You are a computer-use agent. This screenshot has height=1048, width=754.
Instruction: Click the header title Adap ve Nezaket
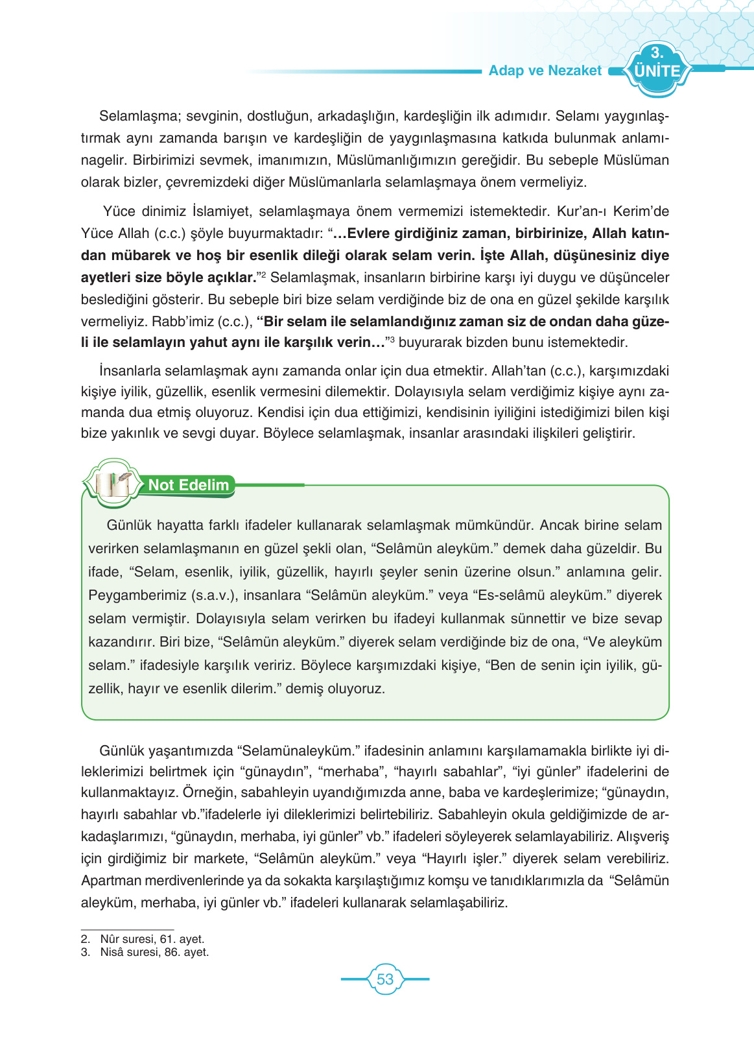tap(545, 71)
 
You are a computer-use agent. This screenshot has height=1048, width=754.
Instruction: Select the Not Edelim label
tap(189, 485)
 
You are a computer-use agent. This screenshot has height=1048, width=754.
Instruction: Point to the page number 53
tap(385, 979)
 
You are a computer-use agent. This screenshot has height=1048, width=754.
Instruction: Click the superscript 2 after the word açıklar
tap(264, 275)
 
